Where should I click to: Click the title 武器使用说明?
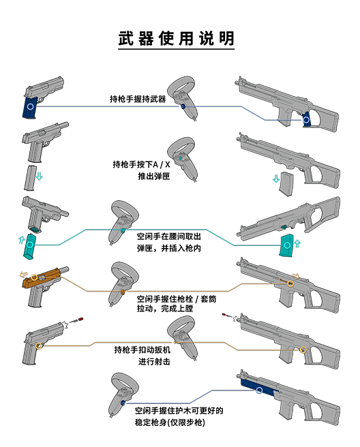(176, 38)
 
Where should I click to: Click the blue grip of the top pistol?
(30, 108)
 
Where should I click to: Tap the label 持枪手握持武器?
(138, 99)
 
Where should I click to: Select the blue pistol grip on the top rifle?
(306, 119)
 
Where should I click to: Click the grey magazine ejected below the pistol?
(29, 178)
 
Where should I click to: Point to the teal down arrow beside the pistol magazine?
(40, 176)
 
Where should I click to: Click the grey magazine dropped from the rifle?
(286, 183)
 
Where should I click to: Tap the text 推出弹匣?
(154, 176)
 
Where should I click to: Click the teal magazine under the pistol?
(29, 246)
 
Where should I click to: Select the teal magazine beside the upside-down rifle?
(286, 245)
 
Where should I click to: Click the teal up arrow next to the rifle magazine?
(297, 244)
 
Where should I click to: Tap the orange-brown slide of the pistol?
(43, 277)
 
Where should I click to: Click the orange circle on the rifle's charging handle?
(290, 283)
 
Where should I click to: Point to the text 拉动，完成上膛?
(165, 309)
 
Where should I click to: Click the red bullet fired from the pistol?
(80, 318)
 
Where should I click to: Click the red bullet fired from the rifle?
(224, 314)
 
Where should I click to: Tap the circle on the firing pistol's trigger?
(39, 345)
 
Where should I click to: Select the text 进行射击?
(154, 361)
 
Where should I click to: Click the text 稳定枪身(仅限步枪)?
(170, 422)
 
